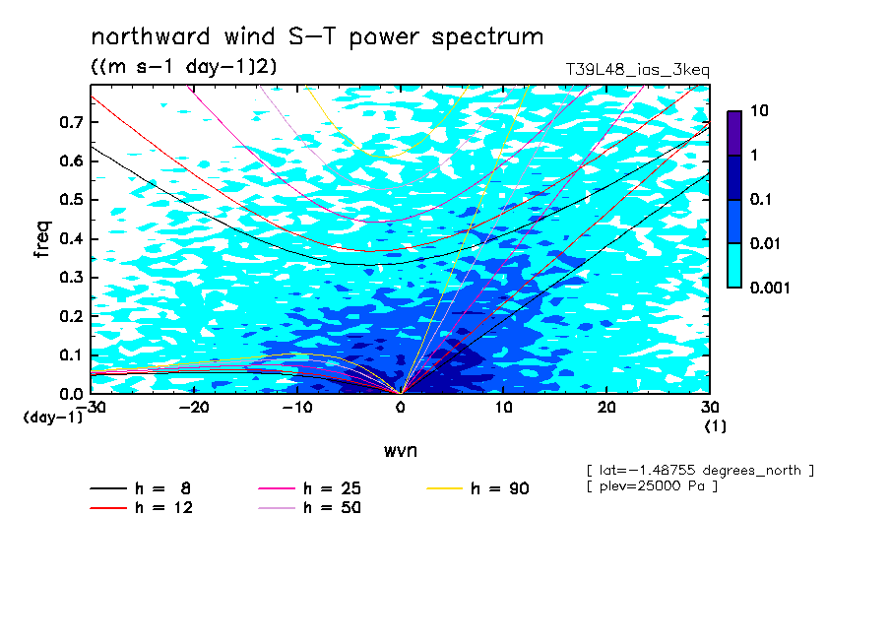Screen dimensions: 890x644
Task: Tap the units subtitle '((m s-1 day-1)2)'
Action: point(184,66)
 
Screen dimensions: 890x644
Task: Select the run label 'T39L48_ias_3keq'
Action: point(637,70)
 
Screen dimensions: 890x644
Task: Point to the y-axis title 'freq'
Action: point(43,239)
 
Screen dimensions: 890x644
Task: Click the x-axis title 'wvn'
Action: point(400,451)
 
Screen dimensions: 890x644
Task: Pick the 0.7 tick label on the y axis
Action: point(71,122)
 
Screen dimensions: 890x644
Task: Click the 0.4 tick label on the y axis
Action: point(71,238)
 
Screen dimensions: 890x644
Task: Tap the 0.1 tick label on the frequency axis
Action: point(71,354)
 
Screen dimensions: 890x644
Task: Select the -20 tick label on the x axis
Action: point(194,408)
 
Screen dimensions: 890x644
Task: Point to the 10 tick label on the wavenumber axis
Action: point(504,408)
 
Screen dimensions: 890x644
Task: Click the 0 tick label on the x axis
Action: point(401,408)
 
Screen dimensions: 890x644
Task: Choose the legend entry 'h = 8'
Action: point(140,488)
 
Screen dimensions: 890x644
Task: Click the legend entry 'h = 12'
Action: point(142,507)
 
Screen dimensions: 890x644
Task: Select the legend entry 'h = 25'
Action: point(309,488)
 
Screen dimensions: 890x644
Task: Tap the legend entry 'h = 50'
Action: point(309,507)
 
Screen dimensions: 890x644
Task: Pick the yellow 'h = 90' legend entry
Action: point(477,488)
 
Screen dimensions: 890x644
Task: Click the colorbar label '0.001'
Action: point(770,288)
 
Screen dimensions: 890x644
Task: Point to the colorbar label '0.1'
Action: point(761,199)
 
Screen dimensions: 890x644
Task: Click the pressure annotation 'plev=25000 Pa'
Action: point(652,486)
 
